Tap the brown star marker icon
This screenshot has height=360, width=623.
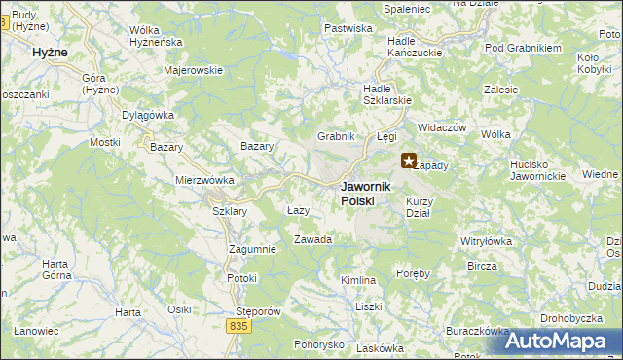click(x=409, y=162)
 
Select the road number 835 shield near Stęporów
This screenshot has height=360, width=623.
click(x=240, y=328)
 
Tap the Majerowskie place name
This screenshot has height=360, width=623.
click(x=195, y=70)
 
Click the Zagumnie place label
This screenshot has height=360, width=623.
click(x=252, y=249)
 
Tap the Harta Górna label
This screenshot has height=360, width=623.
click(x=60, y=270)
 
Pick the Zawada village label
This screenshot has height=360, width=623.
click(x=312, y=239)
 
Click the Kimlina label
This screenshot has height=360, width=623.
click(x=358, y=280)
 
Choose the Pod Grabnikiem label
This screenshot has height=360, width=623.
click(x=524, y=48)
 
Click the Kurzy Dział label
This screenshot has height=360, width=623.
click(x=419, y=206)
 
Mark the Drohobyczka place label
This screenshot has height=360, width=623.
click(x=573, y=317)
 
